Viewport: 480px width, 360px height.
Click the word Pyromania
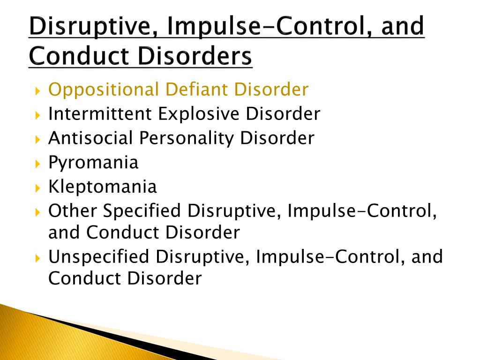click(x=93, y=163)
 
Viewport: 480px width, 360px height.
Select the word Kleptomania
click(x=103, y=187)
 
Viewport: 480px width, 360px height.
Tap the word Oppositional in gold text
click(x=104, y=90)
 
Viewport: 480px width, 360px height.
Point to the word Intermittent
click(x=100, y=113)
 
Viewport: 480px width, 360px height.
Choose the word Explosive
click(x=198, y=114)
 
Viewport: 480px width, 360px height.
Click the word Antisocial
click(x=90, y=138)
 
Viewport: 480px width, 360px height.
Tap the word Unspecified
click(x=98, y=256)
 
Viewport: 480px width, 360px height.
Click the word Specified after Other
click(x=142, y=211)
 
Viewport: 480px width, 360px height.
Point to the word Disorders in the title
click(x=195, y=56)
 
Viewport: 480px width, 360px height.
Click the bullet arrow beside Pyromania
click(x=37, y=164)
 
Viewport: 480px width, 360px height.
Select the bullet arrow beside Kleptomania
click(x=37, y=187)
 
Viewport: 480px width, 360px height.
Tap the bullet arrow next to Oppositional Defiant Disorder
click(x=37, y=91)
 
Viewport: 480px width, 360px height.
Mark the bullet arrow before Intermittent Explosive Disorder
click(x=37, y=115)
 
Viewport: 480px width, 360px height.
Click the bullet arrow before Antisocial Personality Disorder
click(x=37, y=140)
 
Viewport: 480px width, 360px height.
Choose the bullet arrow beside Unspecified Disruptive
click(x=37, y=258)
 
